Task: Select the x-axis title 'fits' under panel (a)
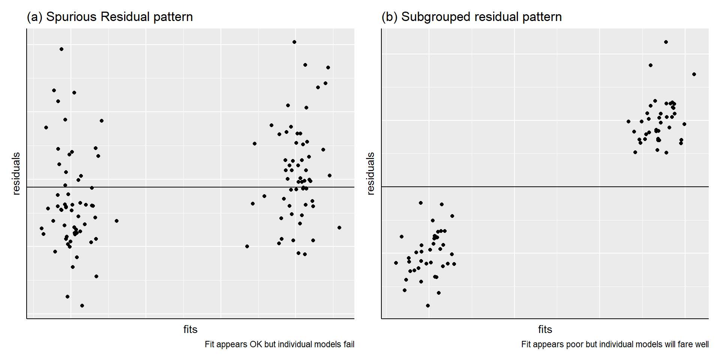tap(190, 329)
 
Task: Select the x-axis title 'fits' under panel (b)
tap(545, 329)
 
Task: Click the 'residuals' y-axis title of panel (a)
tap(16, 173)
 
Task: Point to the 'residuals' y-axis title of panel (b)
tap(370, 173)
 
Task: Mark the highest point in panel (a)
tap(294, 42)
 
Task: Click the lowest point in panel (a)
tap(82, 306)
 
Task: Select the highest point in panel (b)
tap(666, 42)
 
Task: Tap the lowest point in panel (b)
tap(428, 306)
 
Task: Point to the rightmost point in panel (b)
tap(694, 74)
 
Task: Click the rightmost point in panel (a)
tap(339, 228)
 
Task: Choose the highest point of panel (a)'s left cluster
tap(61, 49)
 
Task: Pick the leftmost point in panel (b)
tap(396, 263)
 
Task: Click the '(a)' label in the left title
tap(34, 17)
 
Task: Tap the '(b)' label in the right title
tap(389, 17)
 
